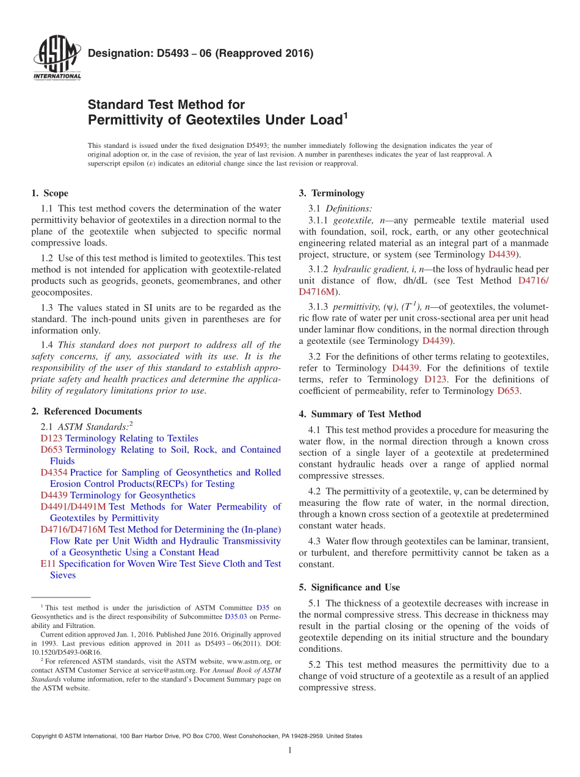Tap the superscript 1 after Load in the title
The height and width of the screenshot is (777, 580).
click(345, 115)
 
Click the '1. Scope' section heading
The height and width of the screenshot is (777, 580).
click(49, 194)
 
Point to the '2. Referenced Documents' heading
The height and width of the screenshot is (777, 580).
click(86, 412)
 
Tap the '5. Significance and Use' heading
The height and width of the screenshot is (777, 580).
click(349, 588)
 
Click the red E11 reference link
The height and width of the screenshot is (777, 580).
click(46, 564)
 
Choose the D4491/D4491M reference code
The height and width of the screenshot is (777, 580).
click(73, 507)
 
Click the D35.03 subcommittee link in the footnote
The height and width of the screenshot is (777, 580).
click(236, 617)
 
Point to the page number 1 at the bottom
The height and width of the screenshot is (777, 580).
click(290, 750)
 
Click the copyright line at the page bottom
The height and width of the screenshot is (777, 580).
click(197, 736)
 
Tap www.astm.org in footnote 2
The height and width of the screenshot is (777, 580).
click(250, 661)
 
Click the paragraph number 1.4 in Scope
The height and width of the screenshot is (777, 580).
click(47, 345)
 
